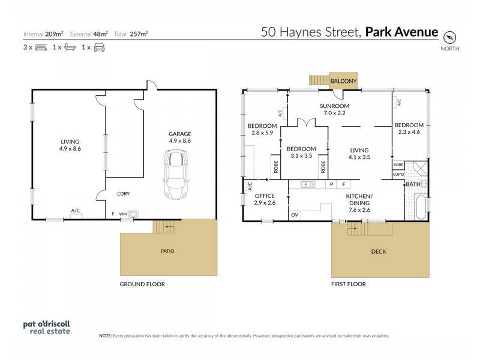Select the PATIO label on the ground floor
(167, 251)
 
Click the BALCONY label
(344, 81)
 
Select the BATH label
(412, 184)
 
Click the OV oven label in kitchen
(295, 215)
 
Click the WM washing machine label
(123, 214)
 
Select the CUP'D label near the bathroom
(398, 173)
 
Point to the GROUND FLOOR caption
(142, 284)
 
